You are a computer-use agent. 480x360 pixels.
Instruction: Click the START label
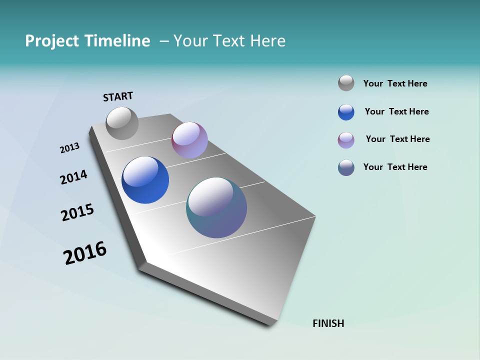point(118,96)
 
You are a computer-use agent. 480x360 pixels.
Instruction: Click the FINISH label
point(328,323)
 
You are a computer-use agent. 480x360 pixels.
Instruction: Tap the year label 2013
point(69,148)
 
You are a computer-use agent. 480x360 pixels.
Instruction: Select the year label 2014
point(73,177)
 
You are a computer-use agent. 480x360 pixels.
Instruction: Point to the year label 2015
point(77,212)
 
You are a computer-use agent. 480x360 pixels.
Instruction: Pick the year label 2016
point(85,252)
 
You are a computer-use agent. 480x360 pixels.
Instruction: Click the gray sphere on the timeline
point(122,123)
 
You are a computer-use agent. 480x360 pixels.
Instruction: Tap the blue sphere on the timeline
point(145,180)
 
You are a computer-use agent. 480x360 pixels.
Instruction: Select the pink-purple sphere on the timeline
point(189,140)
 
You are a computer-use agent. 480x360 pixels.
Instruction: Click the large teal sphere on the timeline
point(216,207)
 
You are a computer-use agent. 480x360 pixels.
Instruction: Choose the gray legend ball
point(346,83)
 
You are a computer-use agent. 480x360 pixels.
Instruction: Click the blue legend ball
point(346,112)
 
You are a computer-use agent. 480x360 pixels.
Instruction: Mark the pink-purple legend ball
point(346,140)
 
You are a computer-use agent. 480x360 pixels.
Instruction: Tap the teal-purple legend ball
point(346,167)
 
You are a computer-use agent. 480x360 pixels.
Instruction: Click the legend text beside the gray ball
point(395,83)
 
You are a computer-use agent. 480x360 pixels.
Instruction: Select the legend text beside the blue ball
point(396,111)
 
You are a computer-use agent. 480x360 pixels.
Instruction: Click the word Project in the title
point(52,41)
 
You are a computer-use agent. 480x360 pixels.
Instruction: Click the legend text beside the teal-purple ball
point(395,167)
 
